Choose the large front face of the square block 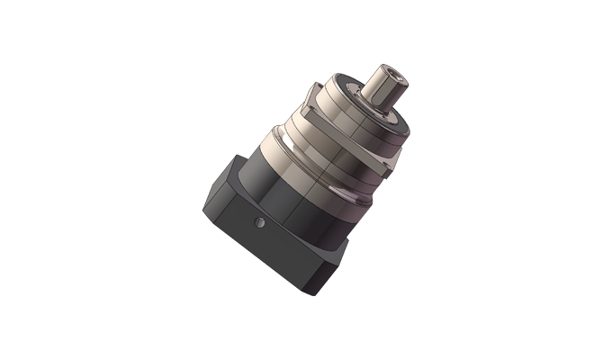coord(270,247)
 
